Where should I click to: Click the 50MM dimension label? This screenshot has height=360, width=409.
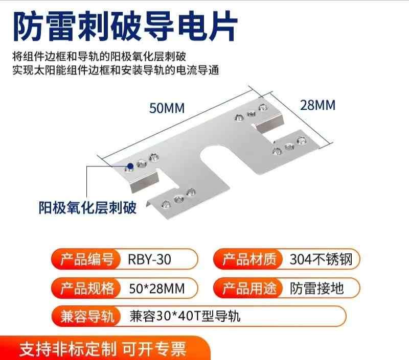click(x=166, y=108)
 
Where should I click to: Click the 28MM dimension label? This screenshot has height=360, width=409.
click(x=317, y=105)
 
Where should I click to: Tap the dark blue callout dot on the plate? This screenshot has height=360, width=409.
click(x=130, y=165)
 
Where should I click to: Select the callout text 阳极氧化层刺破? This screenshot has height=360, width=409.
click(x=88, y=208)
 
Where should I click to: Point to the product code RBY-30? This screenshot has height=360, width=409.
click(x=150, y=259)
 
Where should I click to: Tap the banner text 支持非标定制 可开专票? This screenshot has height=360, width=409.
click(x=102, y=350)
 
